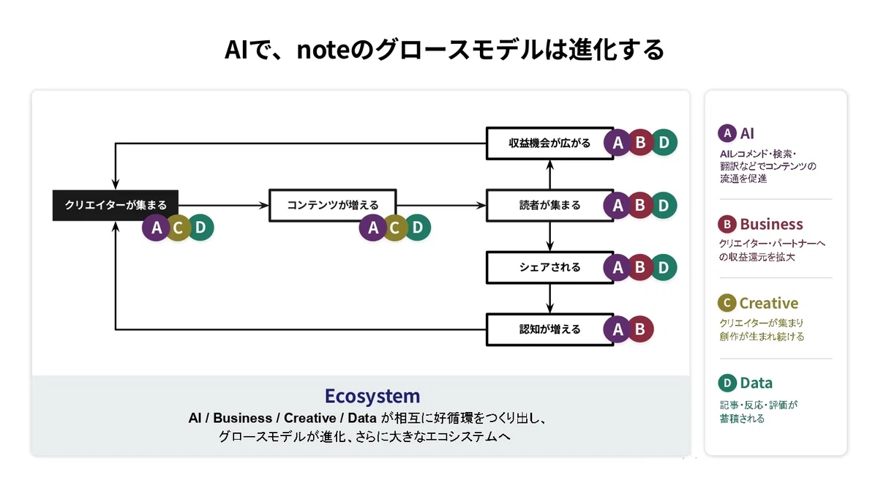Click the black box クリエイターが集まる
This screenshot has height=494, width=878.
click(116, 206)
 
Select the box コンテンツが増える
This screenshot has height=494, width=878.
click(333, 206)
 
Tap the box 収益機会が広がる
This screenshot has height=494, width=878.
click(550, 143)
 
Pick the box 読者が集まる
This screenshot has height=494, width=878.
click(550, 206)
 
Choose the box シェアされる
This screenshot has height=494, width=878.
click(550, 267)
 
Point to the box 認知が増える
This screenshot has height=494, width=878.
click(550, 329)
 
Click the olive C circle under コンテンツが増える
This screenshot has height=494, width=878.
click(395, 228)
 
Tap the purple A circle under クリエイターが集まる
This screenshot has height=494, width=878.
click(156, 228)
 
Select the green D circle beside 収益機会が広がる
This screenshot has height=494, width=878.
click(664, 142)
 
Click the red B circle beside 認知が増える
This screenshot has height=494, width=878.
click(640, 329)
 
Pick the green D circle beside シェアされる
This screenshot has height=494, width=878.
click(664, 267)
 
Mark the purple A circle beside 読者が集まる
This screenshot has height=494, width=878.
click(618, 205)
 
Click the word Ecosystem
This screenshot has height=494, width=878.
click(372, 396)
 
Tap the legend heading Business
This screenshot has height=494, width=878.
click(771, 224)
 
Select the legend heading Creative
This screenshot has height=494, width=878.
click(769, 303)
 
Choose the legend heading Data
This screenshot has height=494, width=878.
click(756, 383)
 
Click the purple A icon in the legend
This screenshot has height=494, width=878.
click(727, 133)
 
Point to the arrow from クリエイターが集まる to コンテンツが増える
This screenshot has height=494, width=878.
click(223, 206)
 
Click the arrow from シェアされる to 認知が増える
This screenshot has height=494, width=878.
click(550, 299)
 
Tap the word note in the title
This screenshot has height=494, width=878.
click(323, 50)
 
